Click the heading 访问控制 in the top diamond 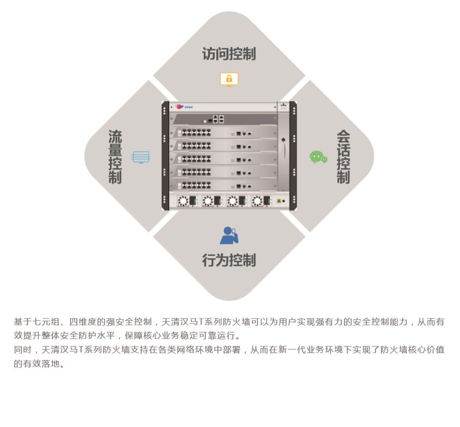tap(229, 54)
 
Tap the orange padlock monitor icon tap(229, 79)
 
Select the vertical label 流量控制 tap(115, 157)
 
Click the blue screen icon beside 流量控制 tap(141, 157)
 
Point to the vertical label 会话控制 tap(343, 157)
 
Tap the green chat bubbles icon tap(318, 157)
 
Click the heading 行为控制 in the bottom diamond tap(229, 260)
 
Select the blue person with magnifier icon tap(229, 235)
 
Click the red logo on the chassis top tap(180, 106)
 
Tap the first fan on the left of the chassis tap(183, 201)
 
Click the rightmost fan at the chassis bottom tap(257, 201)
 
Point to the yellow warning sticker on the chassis tap(279, 201)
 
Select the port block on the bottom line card tap(196, 186)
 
